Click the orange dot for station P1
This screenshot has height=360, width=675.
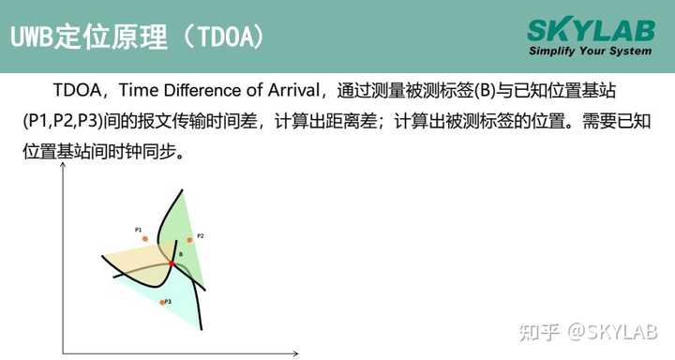[x=144, y=238]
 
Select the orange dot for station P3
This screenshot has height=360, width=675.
[x=162, y=302]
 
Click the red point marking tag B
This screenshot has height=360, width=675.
[x=172, y=264]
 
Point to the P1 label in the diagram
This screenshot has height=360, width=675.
[x=138, y=229]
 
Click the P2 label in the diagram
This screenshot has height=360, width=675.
[x=201, y=235]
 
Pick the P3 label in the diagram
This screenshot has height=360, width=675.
[x=168, y=301]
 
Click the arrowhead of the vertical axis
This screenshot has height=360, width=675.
[x=63, y=167]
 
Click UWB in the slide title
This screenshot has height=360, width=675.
[x=33, y=37]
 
